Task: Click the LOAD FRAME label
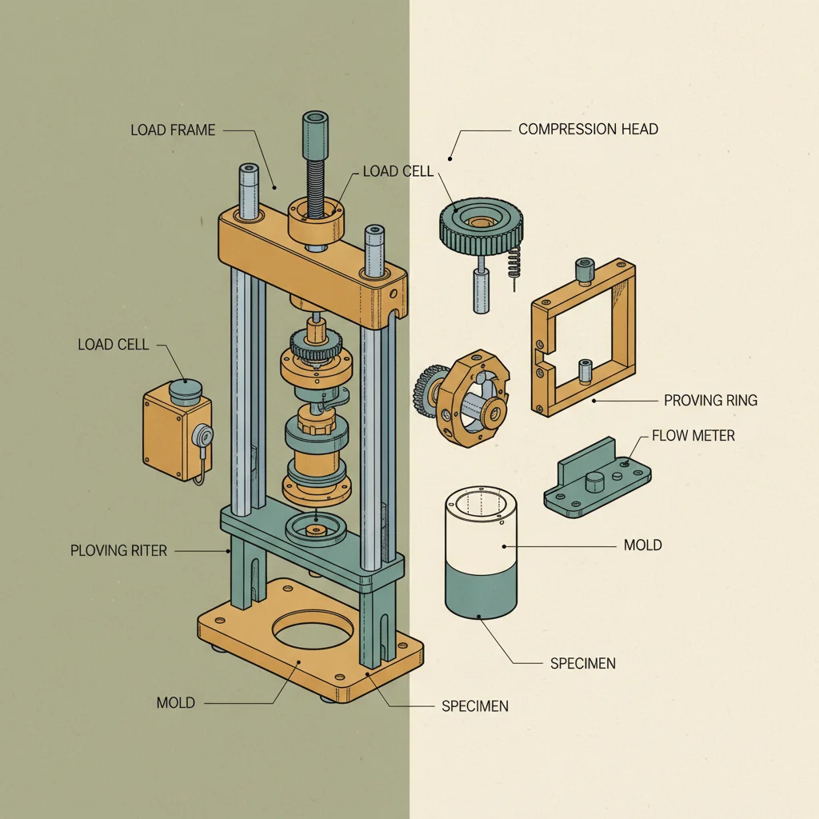173,130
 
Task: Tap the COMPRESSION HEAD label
588,129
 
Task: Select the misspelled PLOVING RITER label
118,550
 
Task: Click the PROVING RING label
710,400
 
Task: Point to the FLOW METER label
693,436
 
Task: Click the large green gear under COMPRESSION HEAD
481,222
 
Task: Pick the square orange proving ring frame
583,336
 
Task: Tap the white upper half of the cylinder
481,528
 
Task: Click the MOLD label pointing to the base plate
175,702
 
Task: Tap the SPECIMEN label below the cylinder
582,664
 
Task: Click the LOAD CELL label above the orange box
113,345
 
